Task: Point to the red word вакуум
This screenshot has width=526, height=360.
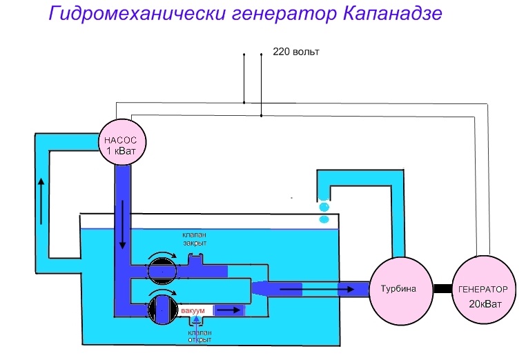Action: (193, 312)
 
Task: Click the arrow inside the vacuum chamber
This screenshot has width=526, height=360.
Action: (231, 310)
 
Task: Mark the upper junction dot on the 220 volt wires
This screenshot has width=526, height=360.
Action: (244, 103)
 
